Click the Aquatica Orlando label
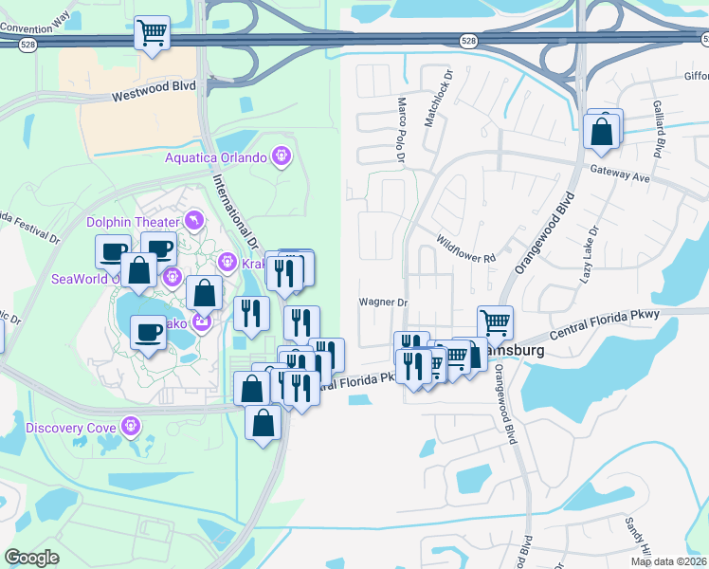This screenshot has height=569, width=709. pos(216,157)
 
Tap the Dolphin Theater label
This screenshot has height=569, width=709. pos(133,222)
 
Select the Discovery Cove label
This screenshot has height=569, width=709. pos(71,427)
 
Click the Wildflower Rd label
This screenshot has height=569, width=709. pos(466,249)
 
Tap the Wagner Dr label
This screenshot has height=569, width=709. pos(382,303)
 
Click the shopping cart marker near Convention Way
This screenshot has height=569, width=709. pos(152,33)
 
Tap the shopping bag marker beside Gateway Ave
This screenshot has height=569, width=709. pos(602,132)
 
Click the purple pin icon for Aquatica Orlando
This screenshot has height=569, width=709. pos(281,155)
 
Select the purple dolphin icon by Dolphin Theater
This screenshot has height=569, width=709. pos(195,220)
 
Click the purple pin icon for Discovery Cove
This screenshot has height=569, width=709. pos(130,426)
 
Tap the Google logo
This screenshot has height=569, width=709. pos(32,559)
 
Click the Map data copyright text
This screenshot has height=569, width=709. pos(669,561)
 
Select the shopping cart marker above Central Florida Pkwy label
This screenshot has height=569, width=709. pos(494,323)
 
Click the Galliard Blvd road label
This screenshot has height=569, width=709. pos(656,128)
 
